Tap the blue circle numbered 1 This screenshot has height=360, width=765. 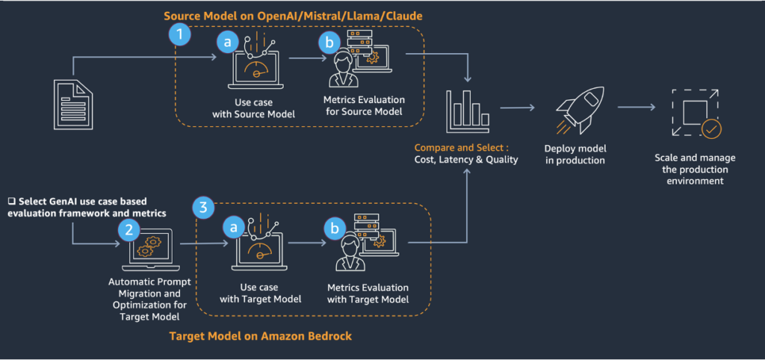179,33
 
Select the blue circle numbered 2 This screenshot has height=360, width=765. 128,229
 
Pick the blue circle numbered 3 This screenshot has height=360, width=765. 203,206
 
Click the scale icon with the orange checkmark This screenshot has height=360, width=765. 694,113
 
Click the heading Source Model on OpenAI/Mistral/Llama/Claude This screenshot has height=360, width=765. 299,15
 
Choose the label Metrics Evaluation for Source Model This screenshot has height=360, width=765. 364,105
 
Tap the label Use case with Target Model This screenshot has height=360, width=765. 260,293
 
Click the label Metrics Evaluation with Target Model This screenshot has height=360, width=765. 368,293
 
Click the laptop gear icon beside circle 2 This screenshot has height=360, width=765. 152,249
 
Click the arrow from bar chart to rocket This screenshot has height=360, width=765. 517,108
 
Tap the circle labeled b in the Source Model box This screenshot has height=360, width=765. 328,43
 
